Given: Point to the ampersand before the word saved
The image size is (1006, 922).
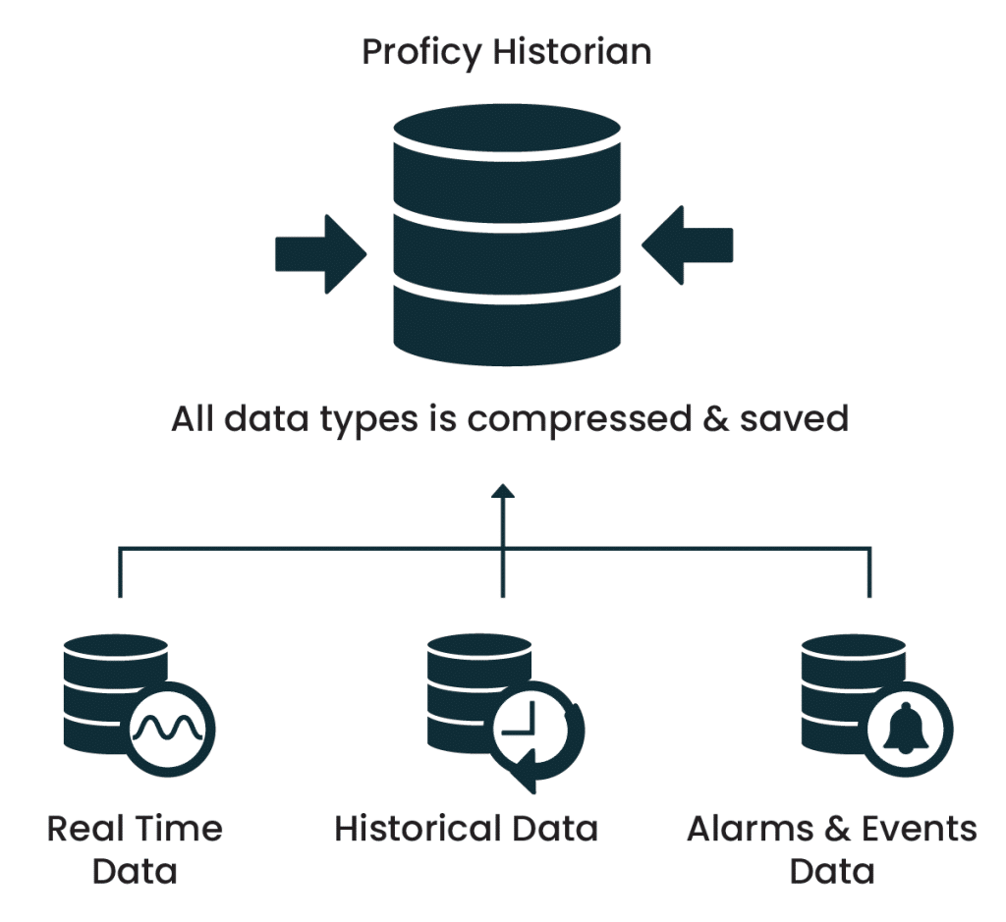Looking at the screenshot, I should [731, 419].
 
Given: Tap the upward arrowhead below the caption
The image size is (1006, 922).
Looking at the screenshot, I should [503, 492].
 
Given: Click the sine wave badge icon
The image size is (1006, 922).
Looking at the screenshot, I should [172, 728].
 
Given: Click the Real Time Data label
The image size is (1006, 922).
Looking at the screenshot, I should [136, 849].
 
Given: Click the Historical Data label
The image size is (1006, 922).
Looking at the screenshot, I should [467, 830].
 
